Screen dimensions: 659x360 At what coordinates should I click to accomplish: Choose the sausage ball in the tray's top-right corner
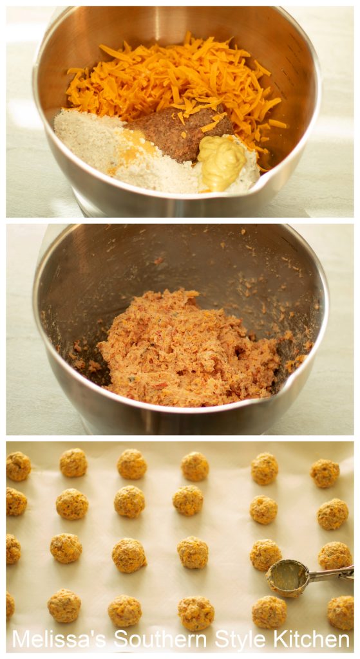tap(325, 473)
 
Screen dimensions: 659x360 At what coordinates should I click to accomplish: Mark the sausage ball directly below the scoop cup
tap(269, 611)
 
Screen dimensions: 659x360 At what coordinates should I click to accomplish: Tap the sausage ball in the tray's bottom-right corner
tap(340, 612)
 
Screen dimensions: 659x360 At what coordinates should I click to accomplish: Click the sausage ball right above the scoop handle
tap(335, 555)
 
